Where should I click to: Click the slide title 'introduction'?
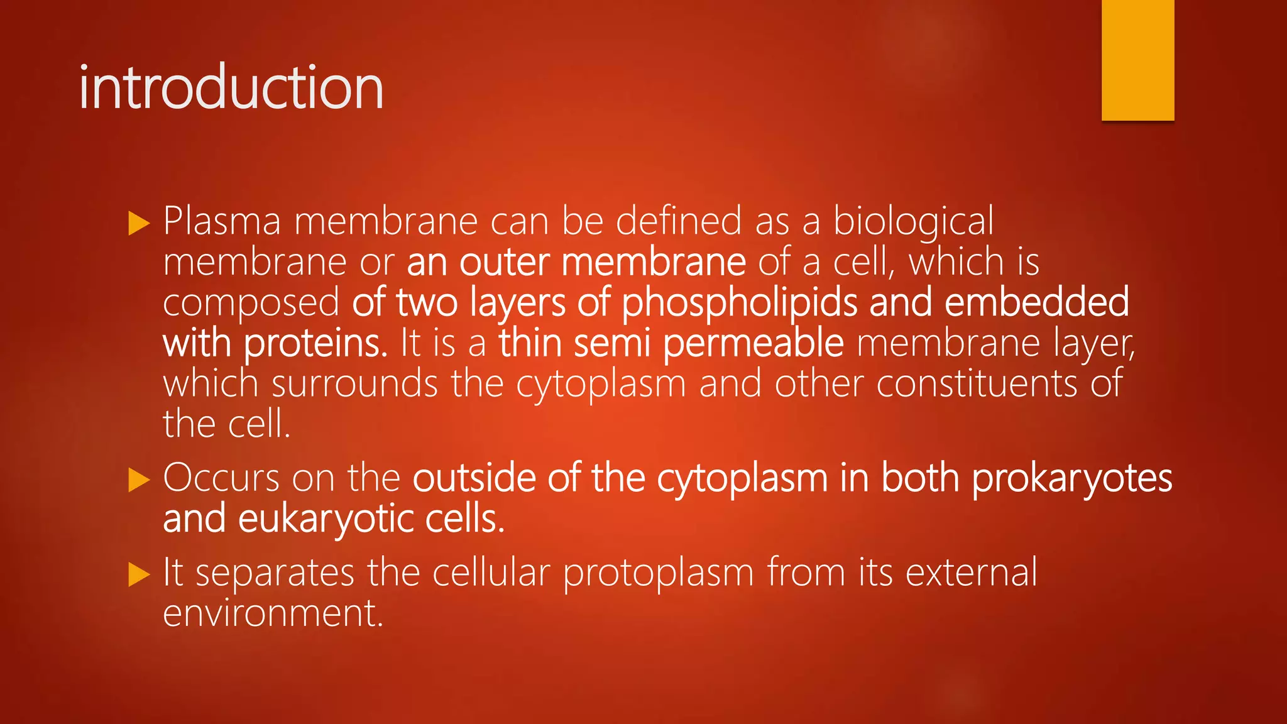(231, 87)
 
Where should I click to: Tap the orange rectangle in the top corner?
(1137, 60)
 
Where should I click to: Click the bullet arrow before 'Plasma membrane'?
(139, 223)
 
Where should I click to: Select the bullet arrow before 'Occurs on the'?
(139, 480)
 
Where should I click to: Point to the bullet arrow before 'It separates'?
(139, 574)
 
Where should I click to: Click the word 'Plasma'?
(222, 221)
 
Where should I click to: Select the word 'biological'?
(913, 221)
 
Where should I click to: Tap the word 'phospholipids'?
(739, 302)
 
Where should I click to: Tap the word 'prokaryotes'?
(1071, 478)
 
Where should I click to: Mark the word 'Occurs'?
(221, 478)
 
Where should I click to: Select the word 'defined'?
(678, 221)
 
